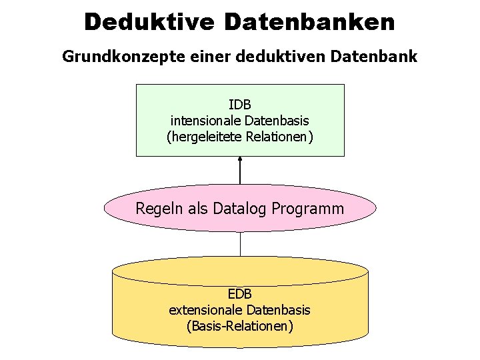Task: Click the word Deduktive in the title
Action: pos(149,21)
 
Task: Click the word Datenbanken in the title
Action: pos(309,21)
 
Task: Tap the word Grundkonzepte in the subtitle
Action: pos(115,57)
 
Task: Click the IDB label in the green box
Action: pos(240,105)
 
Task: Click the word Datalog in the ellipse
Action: pos(239,208)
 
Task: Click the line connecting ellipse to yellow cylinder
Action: pos(240,244)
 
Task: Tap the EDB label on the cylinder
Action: pos(240,293)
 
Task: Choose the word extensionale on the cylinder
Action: pos(206,310)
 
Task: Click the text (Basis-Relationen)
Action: pos(240,326)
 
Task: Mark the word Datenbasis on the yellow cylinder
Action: pos(279,310)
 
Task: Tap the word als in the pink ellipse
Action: pos(197,208)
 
